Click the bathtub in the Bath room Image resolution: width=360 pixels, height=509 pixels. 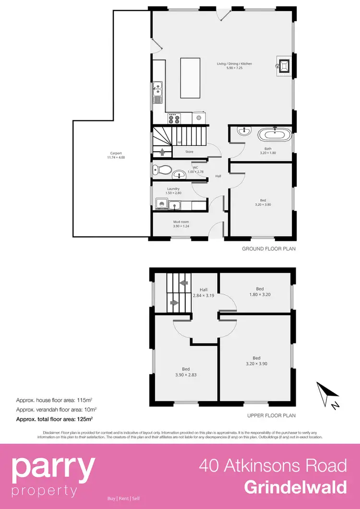pyautogui.click(x=275, y=134)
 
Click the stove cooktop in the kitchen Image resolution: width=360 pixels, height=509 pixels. pyautogui.click(x=173, y=118)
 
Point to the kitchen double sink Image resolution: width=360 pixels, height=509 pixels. pyautogui.click(x=158, y=93)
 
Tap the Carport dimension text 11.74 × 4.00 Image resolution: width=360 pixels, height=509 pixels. pyautogui.click(x=116, y=157)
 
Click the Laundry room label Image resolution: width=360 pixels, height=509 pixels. pyautogui.click(x=173, y=189)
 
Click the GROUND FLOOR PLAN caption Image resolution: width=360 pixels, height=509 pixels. pyautogui.click(x=269, y=249)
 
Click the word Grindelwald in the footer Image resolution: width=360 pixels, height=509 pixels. pyautogui.click(x=295, y=487)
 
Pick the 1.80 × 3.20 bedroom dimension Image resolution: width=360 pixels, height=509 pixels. pyautogui.click(x=260, y=295)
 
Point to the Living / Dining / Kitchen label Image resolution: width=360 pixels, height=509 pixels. pyautogui.click(x=234, y=64)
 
